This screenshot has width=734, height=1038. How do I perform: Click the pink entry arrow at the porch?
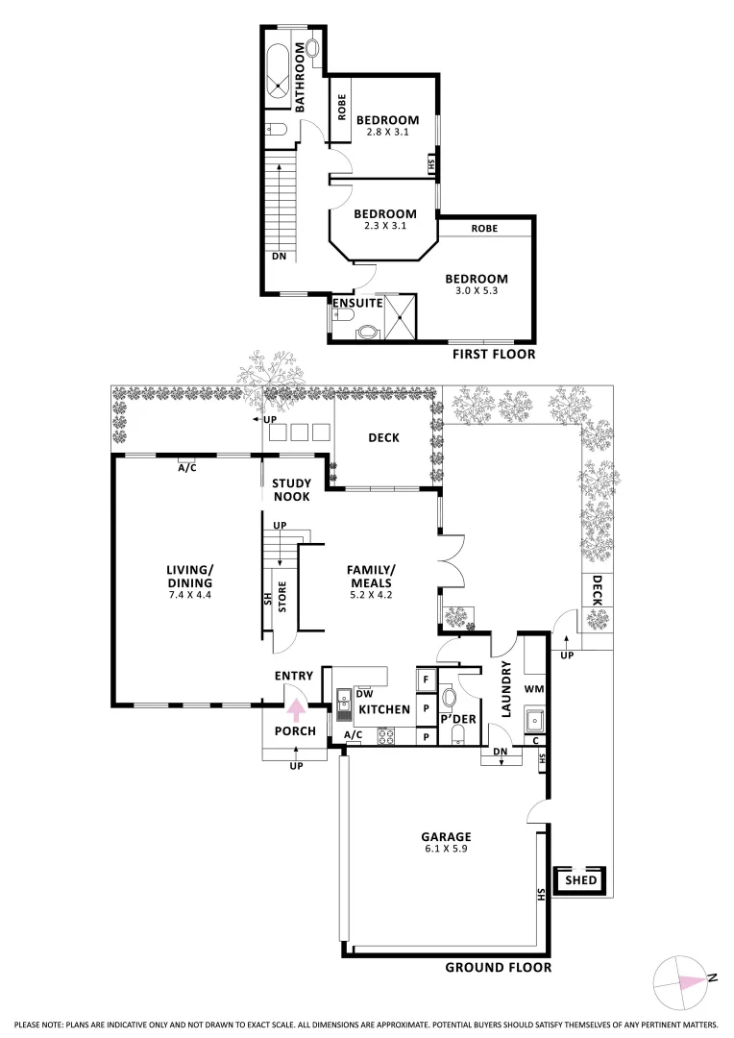click(x=296, y=710)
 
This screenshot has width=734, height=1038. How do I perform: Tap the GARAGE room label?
click(x=444, y=836)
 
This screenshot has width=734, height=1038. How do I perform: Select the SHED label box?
click(x=580, y=879)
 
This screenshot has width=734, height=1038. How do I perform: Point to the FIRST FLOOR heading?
click(x=493, y=355)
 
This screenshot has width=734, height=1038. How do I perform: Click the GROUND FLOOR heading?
click(x=498, y=967)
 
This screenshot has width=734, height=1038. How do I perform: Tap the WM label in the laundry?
click(x=534, y=690)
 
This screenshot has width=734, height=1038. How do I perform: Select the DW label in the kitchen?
click(x=364, y=693)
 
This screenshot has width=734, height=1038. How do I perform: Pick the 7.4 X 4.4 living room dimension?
click(x=188, y=595)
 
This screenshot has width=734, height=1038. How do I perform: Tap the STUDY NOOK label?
click(x=290, y=490)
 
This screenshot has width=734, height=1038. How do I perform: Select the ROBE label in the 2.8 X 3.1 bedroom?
click(x=341, y=108)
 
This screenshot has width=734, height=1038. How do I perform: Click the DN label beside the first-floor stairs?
click(x=279, y=257)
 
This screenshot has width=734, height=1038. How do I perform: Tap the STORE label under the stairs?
click(x=282, y=597)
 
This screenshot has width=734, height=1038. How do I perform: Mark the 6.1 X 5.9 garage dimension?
click(x=444, y=849)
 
